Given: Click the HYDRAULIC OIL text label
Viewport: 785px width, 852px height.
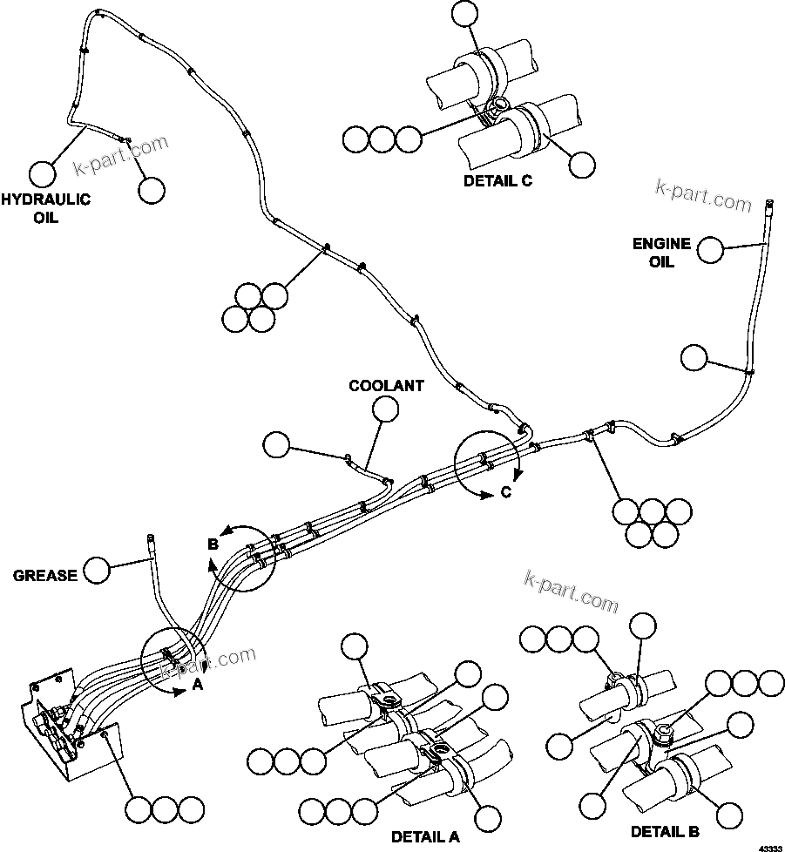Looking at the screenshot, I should (x=44, y=208).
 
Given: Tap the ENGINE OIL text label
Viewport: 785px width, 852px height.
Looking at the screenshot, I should (x=661, y=253).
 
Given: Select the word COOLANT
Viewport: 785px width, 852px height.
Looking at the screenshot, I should (x=386, y=384).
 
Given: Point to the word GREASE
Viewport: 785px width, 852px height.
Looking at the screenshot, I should (x=45, y=575).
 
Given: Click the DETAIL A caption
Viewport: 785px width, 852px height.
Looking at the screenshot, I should (x=424, y=836).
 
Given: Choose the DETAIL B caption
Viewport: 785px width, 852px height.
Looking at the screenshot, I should (x=665, y=831).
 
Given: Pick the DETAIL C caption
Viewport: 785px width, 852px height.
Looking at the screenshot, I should (x=497, y=181).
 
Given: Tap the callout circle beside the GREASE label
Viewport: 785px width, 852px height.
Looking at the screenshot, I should (x=97, y=571).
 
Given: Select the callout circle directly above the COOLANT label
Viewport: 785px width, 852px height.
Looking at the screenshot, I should (x=385, y=408).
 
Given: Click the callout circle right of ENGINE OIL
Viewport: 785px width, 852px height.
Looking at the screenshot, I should (x=710, y=250).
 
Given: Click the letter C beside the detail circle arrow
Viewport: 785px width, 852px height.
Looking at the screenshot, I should (x=505, y=493).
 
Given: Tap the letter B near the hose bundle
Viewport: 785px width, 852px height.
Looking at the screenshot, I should (x=212, y=544).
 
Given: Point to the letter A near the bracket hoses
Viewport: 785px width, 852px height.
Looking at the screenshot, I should (x=197, y=685).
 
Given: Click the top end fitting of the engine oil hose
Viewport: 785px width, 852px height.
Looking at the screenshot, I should (x=769, y=205).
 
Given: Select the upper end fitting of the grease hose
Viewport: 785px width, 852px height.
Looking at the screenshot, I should (x=150, y=541).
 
